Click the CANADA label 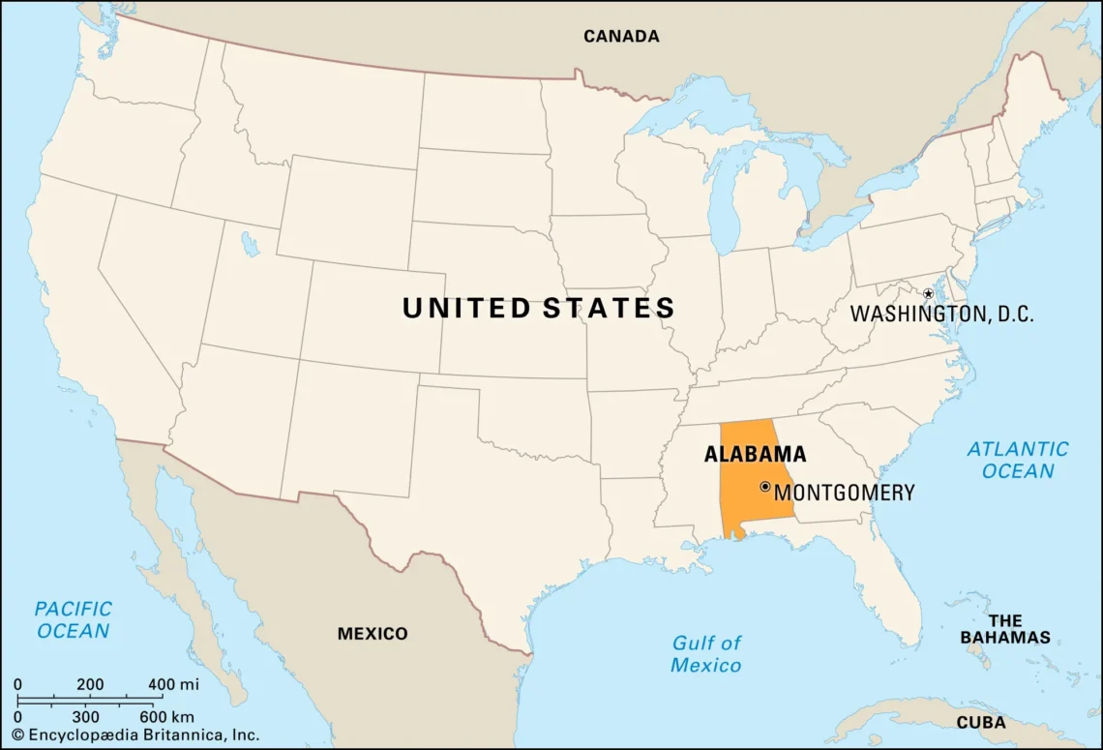(x=620, y=37)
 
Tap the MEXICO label (x=373, y=634)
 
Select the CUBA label (x=980, y=723)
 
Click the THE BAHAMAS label (x=1004, y=629)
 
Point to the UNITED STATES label (x=538, y=309)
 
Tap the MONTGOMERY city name (x=844, y=493)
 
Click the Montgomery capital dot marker (x=764, y=487)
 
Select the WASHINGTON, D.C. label (x=941, y=314)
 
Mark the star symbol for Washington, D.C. (x=927, y=293)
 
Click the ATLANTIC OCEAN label (x=1018, y=460)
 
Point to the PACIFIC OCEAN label (x=73, y=619)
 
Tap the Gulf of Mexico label (x=706, y=653)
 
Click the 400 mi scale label (x=173, y=684)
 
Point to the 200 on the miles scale (x=90, y=684)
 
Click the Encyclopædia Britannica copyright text (x=135, y=735)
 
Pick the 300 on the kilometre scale (x=85, y=716)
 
